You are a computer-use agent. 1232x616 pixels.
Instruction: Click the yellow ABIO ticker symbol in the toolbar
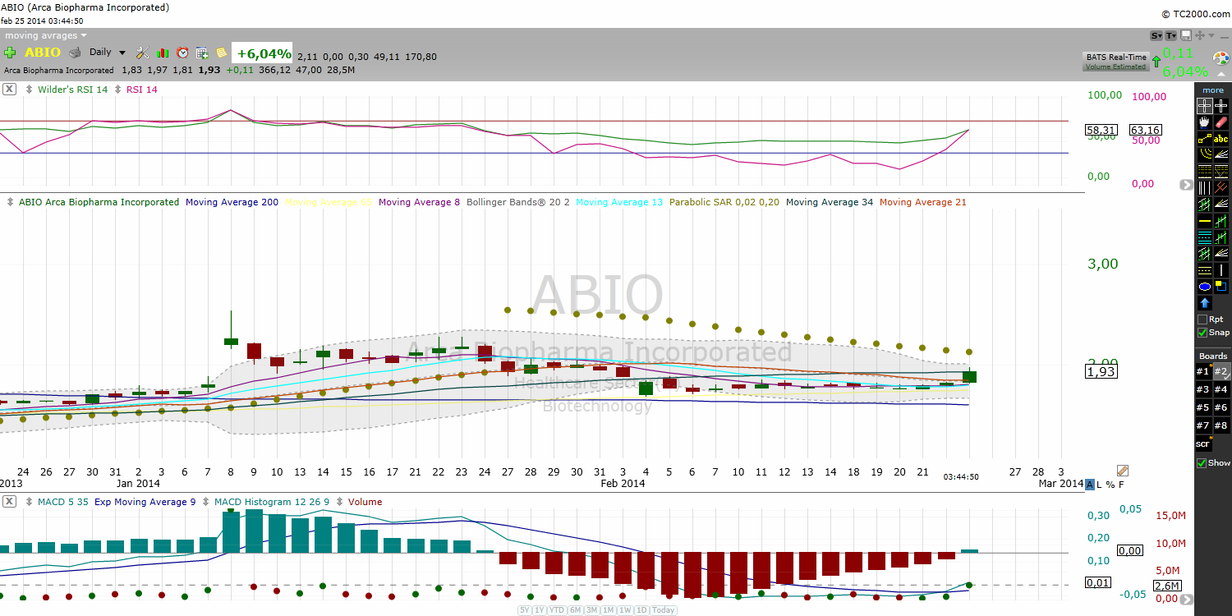point(42,53)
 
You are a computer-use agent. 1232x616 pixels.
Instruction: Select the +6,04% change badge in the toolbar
point(264,54)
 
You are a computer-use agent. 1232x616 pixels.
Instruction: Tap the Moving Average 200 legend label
point(232,202)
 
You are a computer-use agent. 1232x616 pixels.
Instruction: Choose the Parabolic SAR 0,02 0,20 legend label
point(724,202)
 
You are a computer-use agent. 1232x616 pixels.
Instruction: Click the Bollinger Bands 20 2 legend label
point(517,202)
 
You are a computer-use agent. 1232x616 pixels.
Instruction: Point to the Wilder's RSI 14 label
point(72,90)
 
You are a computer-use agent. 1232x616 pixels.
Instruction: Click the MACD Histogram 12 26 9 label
point(278,502)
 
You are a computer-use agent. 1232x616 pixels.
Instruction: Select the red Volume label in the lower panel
point(365,502)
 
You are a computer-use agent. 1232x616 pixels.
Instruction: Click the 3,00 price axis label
point(1103,264)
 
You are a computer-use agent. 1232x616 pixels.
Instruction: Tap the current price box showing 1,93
point(1101,372)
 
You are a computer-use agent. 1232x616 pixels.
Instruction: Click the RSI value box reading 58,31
point(1101,130)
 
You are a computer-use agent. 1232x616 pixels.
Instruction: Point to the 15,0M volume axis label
point(1170,516)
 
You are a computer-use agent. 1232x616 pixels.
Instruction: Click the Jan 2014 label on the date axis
point(137,484)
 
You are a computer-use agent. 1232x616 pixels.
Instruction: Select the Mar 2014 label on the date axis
point(1060,484)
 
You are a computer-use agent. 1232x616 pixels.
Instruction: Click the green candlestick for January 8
point(231,341)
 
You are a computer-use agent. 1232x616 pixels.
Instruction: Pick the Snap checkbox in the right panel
point(1202,333)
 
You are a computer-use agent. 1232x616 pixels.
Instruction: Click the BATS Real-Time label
point(1115,57)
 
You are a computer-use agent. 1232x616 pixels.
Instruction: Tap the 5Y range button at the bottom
point(524,610)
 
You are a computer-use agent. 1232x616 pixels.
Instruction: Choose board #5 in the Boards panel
point(1202,407)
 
